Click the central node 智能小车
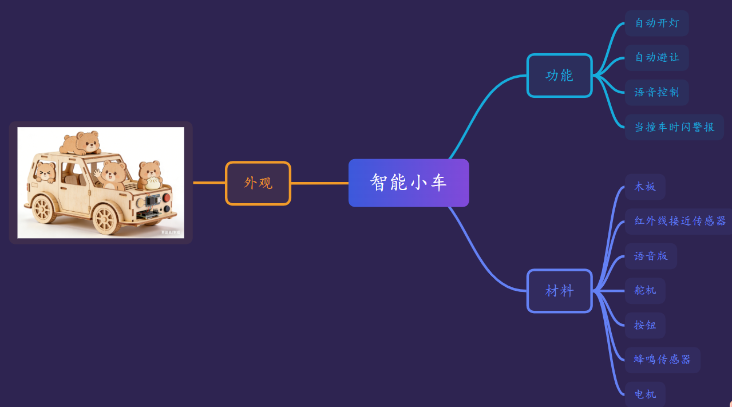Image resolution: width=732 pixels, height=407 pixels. pyautogui.click(x=408, y=183)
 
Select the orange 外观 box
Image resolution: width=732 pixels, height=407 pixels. pyautogui.click(x=258, y=183)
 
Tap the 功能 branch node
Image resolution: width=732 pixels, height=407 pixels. pyautogui.click(x=559, y=76)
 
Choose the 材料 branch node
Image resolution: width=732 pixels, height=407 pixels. pyautogui.click(x=559, y=291)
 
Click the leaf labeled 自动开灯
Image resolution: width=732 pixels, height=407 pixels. pyautogui.click(x=656, y=23)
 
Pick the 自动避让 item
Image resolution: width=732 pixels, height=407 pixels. pyautogui.click(x=656, y=57)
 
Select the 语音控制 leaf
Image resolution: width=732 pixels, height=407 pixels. pyautogui.click(x=656, y=92)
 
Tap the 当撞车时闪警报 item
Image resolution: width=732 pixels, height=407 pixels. pyautogui.click(x=674, y=127)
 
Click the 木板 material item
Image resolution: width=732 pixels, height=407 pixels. pyautogui.click(x=645, y=187)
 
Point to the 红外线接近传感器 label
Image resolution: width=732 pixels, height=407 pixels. pyautogui.click(x=679, y=221)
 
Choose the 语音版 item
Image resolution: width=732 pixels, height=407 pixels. pyautogui.click(x=651, y=256)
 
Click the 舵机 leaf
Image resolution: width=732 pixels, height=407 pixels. pyautogui.click(x=645, y=290)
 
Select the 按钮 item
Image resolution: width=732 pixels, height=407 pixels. pyautogui.click(x=645, y=325)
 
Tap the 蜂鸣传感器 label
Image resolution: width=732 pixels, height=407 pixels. pyautogui.click(x=662, y=359)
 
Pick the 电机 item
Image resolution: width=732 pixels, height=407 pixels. pyautogui.click(x=645, y=394)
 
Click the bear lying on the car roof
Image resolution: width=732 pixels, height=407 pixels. pyautogui.click(x=81, y=143)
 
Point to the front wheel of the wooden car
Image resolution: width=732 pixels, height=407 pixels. pyautogui.click(x=106, y=219)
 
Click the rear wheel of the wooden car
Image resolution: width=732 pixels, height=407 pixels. pyautogui.click(x=43, y=209)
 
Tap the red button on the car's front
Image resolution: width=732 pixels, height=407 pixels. pyautogui.click(x=167, y=197)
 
